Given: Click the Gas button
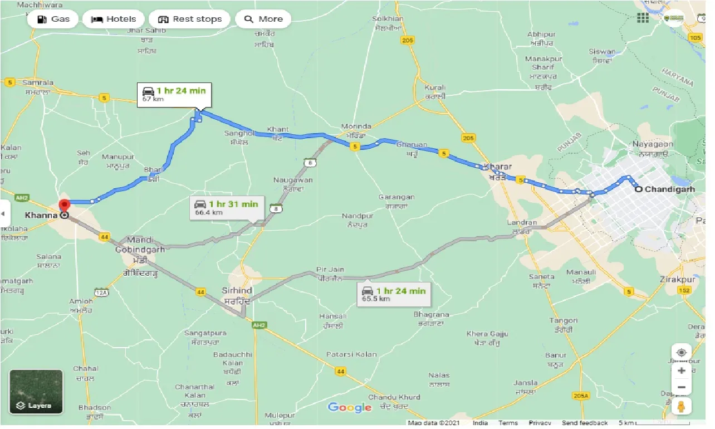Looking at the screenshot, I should (53, 19).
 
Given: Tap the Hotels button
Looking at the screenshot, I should (114, 19).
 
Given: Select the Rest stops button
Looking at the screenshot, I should (190, 19).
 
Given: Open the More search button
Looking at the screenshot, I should (263, 19).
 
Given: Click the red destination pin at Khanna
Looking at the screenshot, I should (64, 206).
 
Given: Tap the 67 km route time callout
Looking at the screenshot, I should (174, 94).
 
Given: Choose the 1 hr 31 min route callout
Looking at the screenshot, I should (227, 207).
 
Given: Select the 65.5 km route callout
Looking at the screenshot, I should (394, 294).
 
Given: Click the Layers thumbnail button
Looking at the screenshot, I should (36, 391).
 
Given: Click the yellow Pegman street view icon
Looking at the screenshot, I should (681, 406).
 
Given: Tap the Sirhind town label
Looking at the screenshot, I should (237, 291).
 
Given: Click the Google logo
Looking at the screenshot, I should (349, 407).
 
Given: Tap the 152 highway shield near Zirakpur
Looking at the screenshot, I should (684, 291).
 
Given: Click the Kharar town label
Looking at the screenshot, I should (495, 167).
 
